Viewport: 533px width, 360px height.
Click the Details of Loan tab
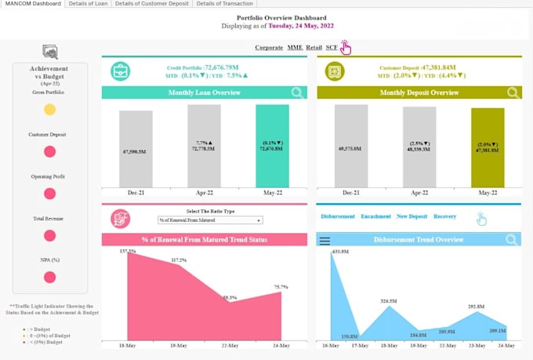coord(87,4)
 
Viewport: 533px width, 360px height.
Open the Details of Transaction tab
coord(224,4)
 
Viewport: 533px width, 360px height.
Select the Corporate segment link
coord(269,48)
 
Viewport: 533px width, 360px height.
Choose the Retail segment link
coord(314,48)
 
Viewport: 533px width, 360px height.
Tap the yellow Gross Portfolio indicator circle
coord(49,110)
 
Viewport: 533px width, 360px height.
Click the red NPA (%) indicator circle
coord(49,277)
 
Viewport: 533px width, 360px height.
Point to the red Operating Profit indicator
coord(49,194)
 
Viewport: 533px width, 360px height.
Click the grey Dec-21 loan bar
coord(136,149)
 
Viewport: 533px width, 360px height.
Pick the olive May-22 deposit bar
coord(488,148)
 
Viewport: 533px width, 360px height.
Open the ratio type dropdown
coord(209,221)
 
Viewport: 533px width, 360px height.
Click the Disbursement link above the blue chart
coord(337,216)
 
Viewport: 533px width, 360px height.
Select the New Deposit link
coord(412,216)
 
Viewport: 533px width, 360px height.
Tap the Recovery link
coord(444,216)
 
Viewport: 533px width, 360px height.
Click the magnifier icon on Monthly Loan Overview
coord(298,93)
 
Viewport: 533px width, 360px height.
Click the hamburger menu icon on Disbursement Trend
coord(325,240)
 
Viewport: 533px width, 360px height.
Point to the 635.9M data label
coord(339,252)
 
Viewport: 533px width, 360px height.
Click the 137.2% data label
coord(127,252)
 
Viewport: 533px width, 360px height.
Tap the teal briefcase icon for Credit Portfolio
coord(121,71)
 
